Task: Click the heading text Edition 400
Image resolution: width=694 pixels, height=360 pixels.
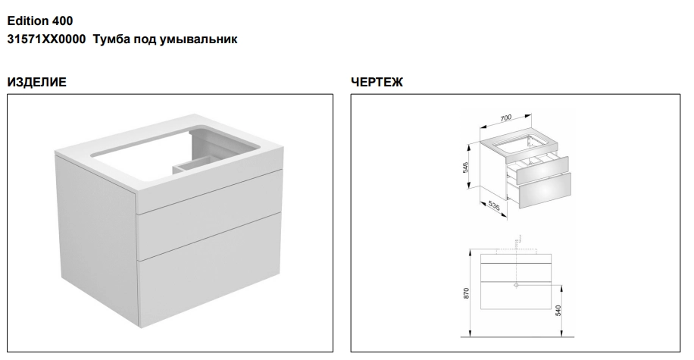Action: pos(40,20)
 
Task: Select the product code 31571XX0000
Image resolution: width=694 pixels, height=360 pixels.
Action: pos(46,39)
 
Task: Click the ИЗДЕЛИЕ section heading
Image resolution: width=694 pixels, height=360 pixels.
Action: pos(36,82)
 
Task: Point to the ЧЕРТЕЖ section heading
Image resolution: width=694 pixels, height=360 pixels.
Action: pos(377,82)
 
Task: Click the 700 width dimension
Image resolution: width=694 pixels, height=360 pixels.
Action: pos(505,117)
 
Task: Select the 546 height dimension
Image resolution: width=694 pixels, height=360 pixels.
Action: pos(466,167)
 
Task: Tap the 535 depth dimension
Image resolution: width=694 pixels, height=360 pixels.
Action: pos(494,205)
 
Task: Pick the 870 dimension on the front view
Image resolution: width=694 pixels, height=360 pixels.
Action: pos(466,293)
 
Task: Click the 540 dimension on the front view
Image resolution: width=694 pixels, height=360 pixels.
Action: pos(558,311)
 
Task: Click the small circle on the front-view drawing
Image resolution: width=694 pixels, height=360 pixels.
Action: pos(516,286)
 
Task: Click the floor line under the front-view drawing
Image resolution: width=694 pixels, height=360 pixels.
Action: pos(517,337)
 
